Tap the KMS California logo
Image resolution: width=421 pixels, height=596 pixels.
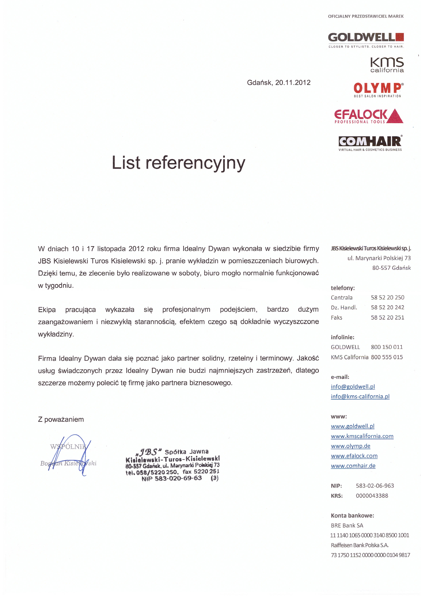387,65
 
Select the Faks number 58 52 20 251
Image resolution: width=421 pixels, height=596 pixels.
387,318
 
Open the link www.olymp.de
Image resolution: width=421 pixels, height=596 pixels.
350,446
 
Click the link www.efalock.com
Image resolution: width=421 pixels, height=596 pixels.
354,456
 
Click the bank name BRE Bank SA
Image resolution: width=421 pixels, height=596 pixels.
347,525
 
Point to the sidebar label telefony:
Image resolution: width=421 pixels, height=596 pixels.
343,288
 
